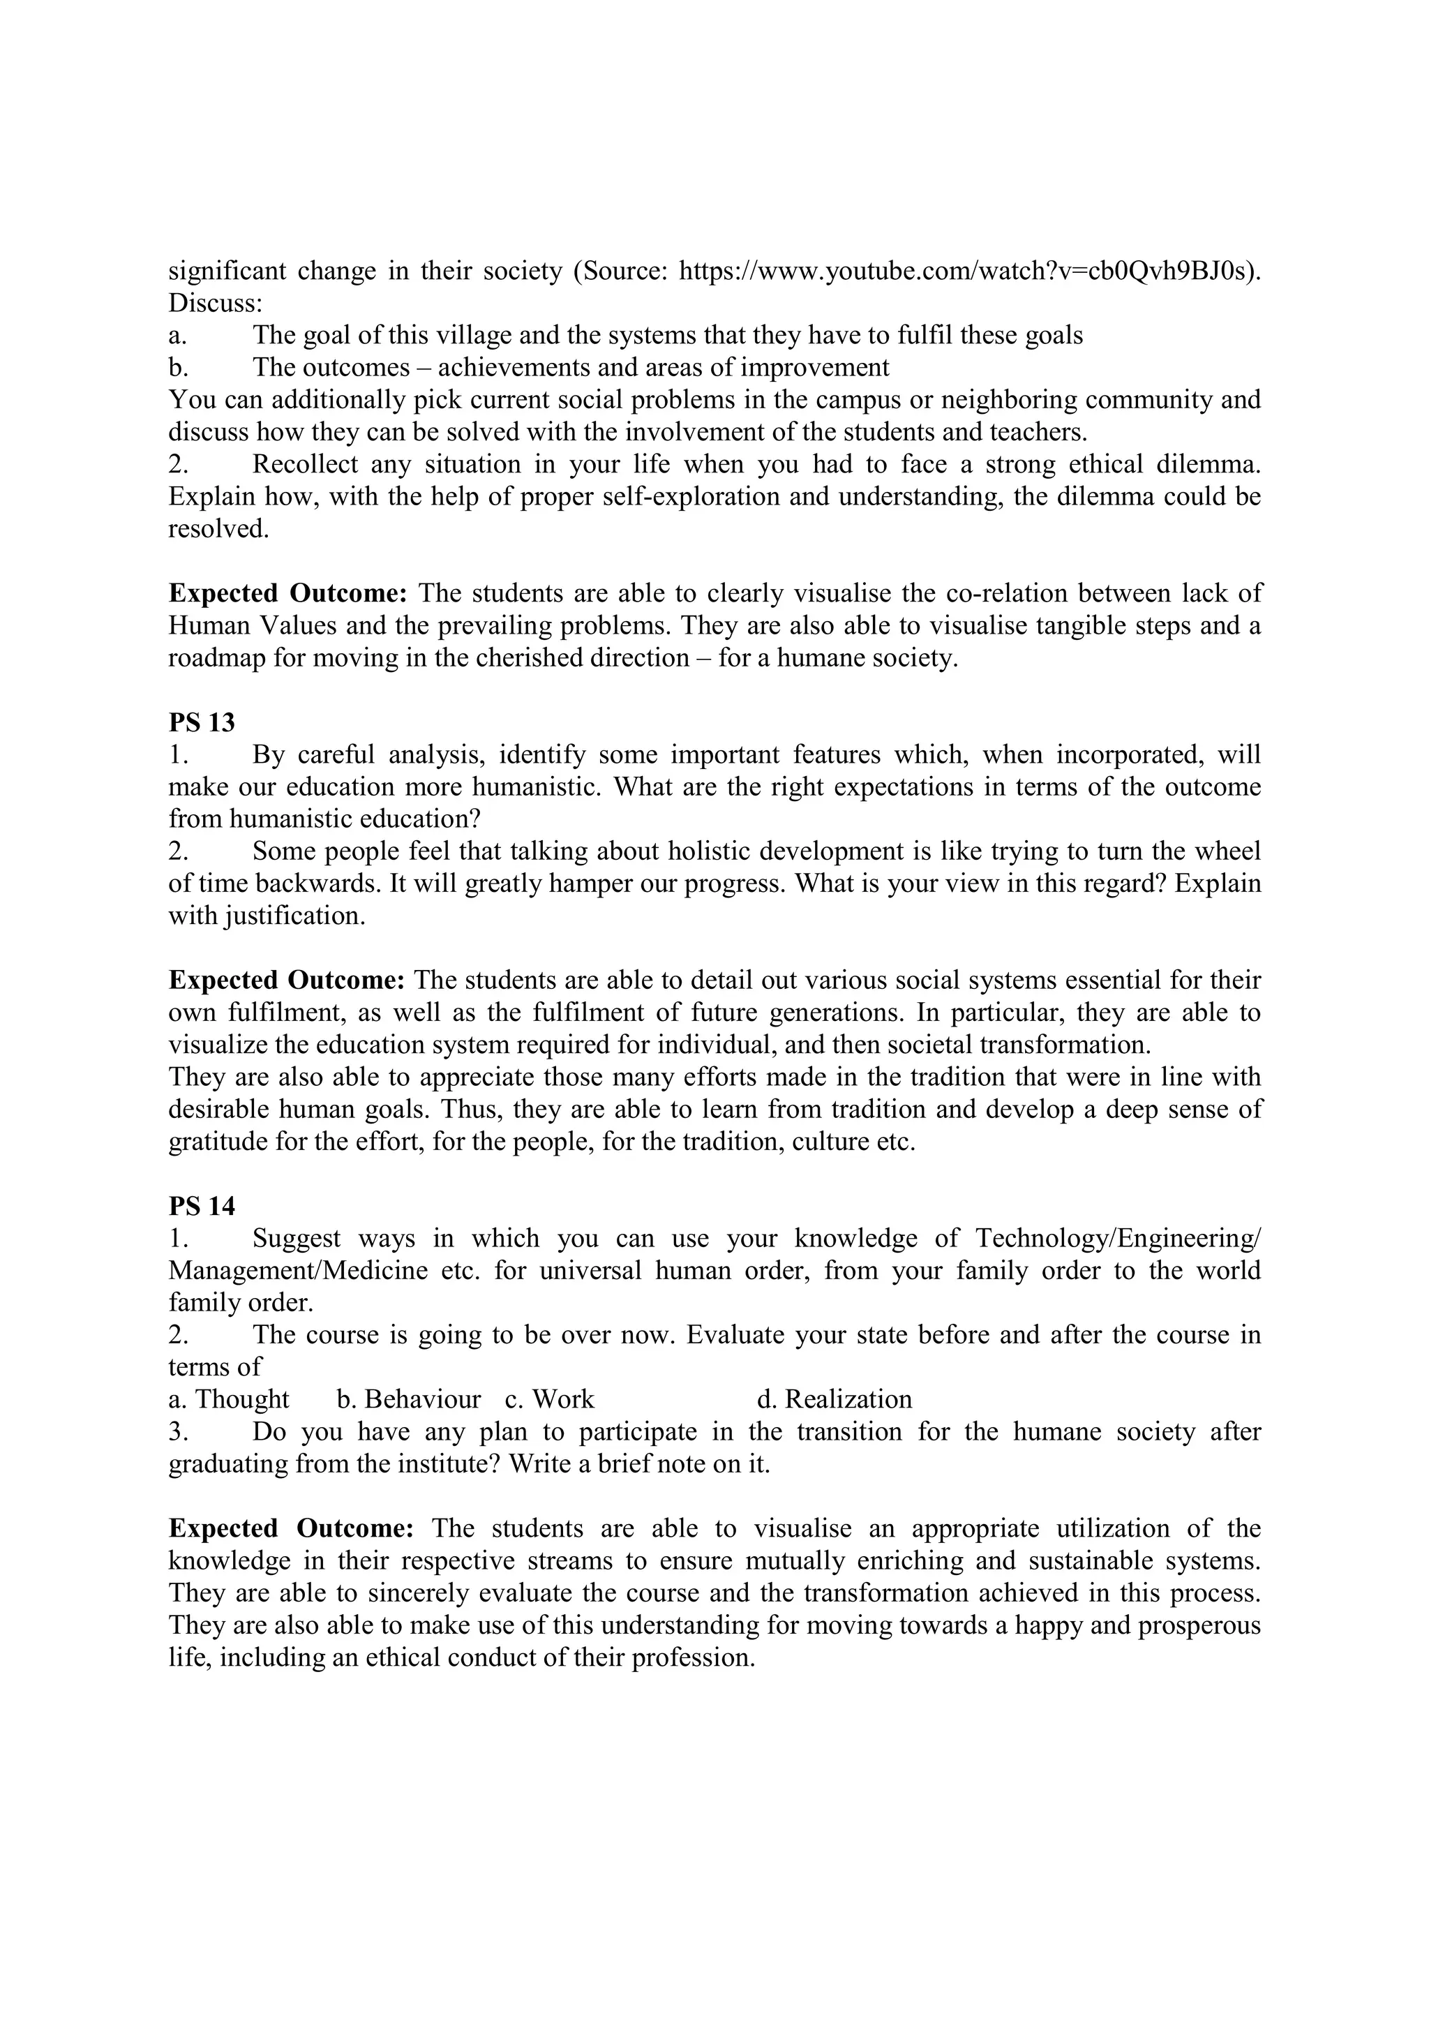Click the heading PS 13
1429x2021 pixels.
(202, 723)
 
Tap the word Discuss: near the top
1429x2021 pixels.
(216, 304)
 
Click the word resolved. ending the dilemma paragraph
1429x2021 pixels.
(218, 529)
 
